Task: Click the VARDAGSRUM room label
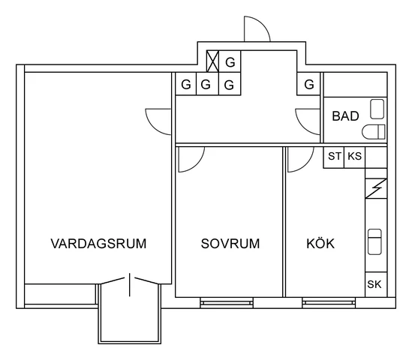click(x=98, y=244)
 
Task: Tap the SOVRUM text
click(x=230, y=244)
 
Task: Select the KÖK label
click(x=320, y=244)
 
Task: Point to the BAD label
click(x=345, y=116)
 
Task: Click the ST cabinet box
click(x=334, y=157)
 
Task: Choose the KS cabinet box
click(x=354, y=157)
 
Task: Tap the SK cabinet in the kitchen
click(x=375, y=284)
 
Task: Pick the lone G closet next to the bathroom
click(x=309, y=85)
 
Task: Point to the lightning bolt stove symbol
click(x=375, y=189)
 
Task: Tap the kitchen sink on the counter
click(x=375, y=241)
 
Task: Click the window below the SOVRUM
click(x=227, y=302)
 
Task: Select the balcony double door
click(x=130, y=283)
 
